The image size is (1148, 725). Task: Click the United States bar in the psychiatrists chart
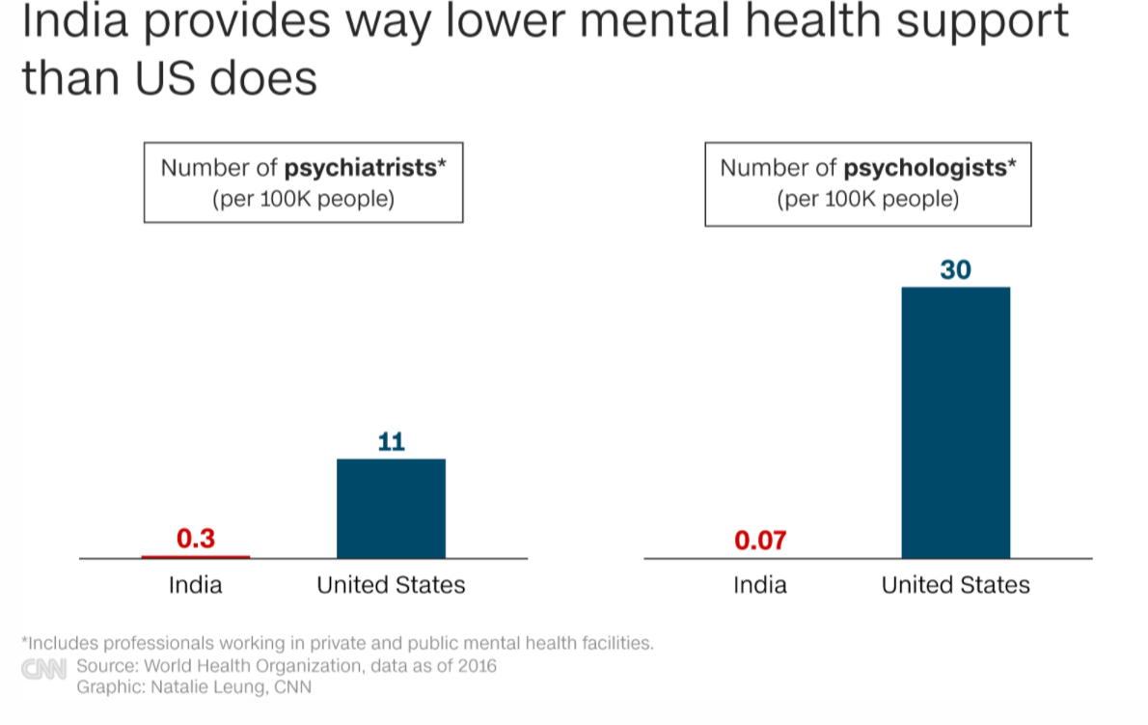[391, 508]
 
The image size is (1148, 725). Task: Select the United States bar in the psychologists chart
[955, 422]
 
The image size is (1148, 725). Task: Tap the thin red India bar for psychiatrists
[196, 556]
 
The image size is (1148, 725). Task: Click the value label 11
[391, 442]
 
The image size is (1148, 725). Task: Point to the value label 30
[955, 270]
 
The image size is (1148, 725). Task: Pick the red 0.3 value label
[196, 539]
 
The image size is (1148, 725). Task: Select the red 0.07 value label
[760, 540]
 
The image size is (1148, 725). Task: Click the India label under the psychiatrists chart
[196, 584]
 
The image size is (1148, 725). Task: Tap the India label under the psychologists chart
[760, 584]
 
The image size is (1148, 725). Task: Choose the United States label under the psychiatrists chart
[391, 584]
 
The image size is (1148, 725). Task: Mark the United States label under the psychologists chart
[955, 584]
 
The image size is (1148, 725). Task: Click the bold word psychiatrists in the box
[360, 168]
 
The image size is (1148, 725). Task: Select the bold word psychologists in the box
[925, 168]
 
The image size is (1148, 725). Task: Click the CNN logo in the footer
[44, 668]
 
